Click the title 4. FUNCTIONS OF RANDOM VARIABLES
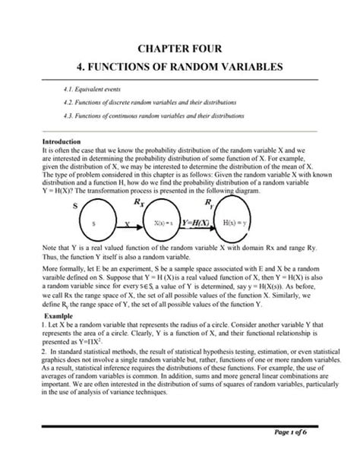click(x=180, y=67)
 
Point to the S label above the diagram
click(x=74, y=206)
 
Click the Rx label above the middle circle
click(x=161, y=204)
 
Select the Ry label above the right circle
click(x=230, y=204)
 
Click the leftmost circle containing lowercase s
click(x=93, y=224)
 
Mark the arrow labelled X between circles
click(x=127, y=224)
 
